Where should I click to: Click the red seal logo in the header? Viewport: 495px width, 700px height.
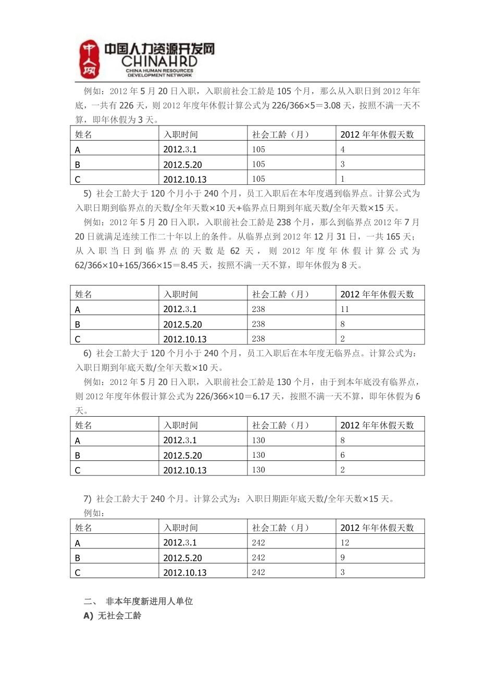[x=90, y=59]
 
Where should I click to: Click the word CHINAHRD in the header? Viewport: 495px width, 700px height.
[x=159, y=62]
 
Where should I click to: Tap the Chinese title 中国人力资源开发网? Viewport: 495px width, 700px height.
[x=159, y=49]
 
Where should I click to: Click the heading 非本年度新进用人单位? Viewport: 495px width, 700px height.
[x=149, y=601]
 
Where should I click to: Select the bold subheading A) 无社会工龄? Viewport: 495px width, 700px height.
[x=112, y=616]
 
